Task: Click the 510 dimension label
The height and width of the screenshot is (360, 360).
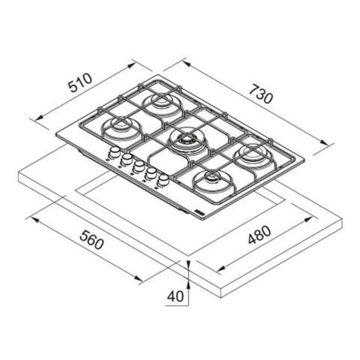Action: pyautogui.click(x=80, y=82)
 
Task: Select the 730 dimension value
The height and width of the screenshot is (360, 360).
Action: pyautogui.click(x=261, y=94)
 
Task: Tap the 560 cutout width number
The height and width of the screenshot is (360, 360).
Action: pyautogui.click(x=91, y=240)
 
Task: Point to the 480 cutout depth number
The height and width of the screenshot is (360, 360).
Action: pyautogui.click(x=259, y=235)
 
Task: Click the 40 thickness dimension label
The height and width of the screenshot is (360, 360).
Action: pyautogui.click(x=175, y=296)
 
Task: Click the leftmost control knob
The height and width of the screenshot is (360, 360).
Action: pyautogui.click(x=115, y=151)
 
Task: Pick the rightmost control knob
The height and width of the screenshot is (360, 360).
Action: pyautogui.click(x=163, y=180)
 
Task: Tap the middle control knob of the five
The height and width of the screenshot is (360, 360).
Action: pyautogui.click(x=139, y=166)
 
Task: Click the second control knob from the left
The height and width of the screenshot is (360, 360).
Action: pyautogui.click(x=127, y=158)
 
